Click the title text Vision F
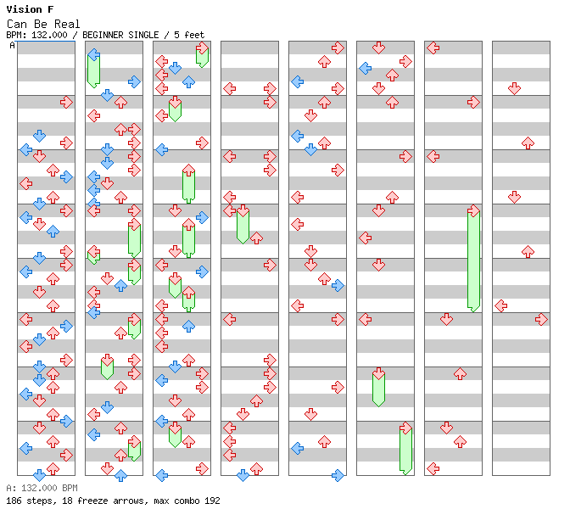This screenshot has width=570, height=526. click(x=30, y=9)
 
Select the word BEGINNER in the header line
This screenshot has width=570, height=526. click(x=103, y=35)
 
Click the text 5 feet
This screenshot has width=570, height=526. click(x=189, y=35)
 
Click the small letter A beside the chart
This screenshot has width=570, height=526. click(x=12, y=46)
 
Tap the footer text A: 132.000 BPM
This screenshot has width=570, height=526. click(x=42, y=488)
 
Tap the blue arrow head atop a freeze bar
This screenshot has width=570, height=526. click(x=94, y=55)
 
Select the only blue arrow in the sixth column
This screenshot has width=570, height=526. click(x=365, y=69)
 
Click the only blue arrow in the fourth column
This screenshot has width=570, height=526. click(x=243, y=475)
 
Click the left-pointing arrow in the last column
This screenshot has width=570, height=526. click(x=501, y=306)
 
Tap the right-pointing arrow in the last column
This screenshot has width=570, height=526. click(x=542, y=320)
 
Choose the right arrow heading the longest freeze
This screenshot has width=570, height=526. click(x=473, y=211)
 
